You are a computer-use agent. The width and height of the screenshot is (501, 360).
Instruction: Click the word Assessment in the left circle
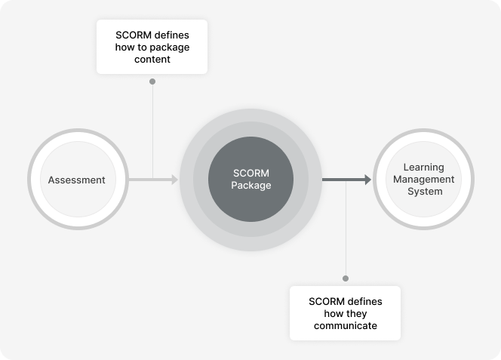pyautogui.click(x=76, y=180)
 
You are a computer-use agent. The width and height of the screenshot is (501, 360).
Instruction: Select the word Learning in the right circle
pyautogui.click(x=424, y=168)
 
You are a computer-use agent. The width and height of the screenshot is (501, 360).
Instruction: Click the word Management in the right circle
pyautogui.click(x=424, y=180)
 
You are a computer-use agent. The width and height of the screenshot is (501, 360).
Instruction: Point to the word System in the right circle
pyautogui.click(x=424, y=192)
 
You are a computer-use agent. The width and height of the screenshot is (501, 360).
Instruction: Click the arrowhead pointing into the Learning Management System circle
pyautogui.click(x=367, y=180)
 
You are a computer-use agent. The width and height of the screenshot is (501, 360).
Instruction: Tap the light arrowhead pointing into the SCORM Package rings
pyautogui.click(x=174, y=180)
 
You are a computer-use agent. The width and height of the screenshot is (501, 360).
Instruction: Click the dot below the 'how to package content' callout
pyautogui.click(x=152, y=81)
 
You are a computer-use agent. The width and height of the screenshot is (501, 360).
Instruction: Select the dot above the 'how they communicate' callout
pyautogui.click(x=346, y=278)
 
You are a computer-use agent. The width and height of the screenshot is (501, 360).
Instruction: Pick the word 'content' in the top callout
pyautogui.click(x=152, y=59)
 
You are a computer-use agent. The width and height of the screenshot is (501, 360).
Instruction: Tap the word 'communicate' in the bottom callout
pyautogui.click(x=346, y=326)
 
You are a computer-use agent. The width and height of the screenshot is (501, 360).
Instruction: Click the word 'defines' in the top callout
pyautogui.click(x=171, y=35)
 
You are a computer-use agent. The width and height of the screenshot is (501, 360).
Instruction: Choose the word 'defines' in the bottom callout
pyautogui.click(x=364, y=301)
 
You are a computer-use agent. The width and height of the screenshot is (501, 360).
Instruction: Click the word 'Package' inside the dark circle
pyautogui.click(x=250, y=186)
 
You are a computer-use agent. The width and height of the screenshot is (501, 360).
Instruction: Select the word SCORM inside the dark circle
pyautogui.click(x=250, y=174)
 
